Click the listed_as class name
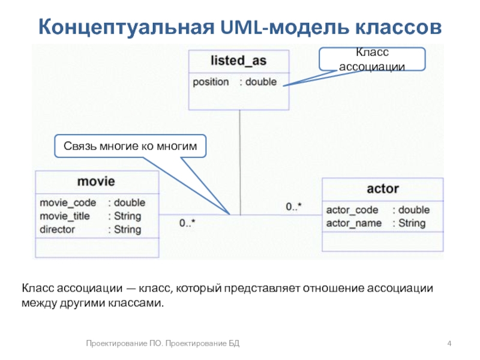[x=239, y=61]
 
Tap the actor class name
[x=382, y=188]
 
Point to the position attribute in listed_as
[x=211, y=82]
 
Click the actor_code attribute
[x=352, y=210]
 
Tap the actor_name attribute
[x=353, y=223]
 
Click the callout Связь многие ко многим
[x=130, y=146]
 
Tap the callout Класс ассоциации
[x=372, y=59]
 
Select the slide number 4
[x=449, y=343]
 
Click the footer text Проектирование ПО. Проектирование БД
[x=163, y=343]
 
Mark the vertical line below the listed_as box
[x=239, y=162]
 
